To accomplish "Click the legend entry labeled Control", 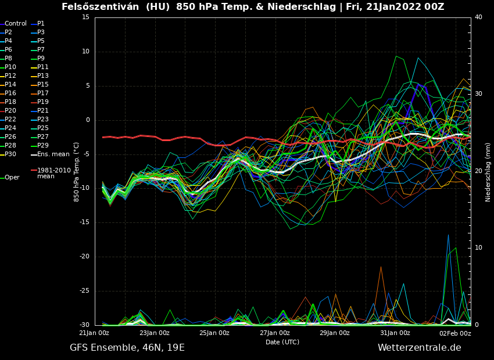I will (x=16, y=24).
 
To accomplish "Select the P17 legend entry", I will (x=43, y=93).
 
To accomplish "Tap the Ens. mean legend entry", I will (x=53, y=154).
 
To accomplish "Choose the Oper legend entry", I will (x=12, y=178).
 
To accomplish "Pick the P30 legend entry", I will (x=10, y=154).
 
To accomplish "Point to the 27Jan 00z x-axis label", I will (x=275, y=333).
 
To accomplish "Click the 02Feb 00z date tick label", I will (x=455, y=333).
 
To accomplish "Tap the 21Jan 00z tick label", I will (x=94, y=333).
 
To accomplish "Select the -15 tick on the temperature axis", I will (x=85, y=222).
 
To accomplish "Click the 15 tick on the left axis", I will (x=86, y=17).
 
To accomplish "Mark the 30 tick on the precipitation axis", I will (x=478, y=94).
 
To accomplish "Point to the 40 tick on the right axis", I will (x=478, y=17).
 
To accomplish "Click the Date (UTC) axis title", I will (x=282, y=343).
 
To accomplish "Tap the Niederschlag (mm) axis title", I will (x=488, y=172).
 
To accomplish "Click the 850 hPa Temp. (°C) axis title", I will (x=76, y=172).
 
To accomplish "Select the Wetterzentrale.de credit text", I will (x=419, y=348).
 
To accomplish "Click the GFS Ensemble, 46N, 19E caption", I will (x=127, y=348).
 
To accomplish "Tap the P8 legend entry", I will (x=9, y=59).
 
